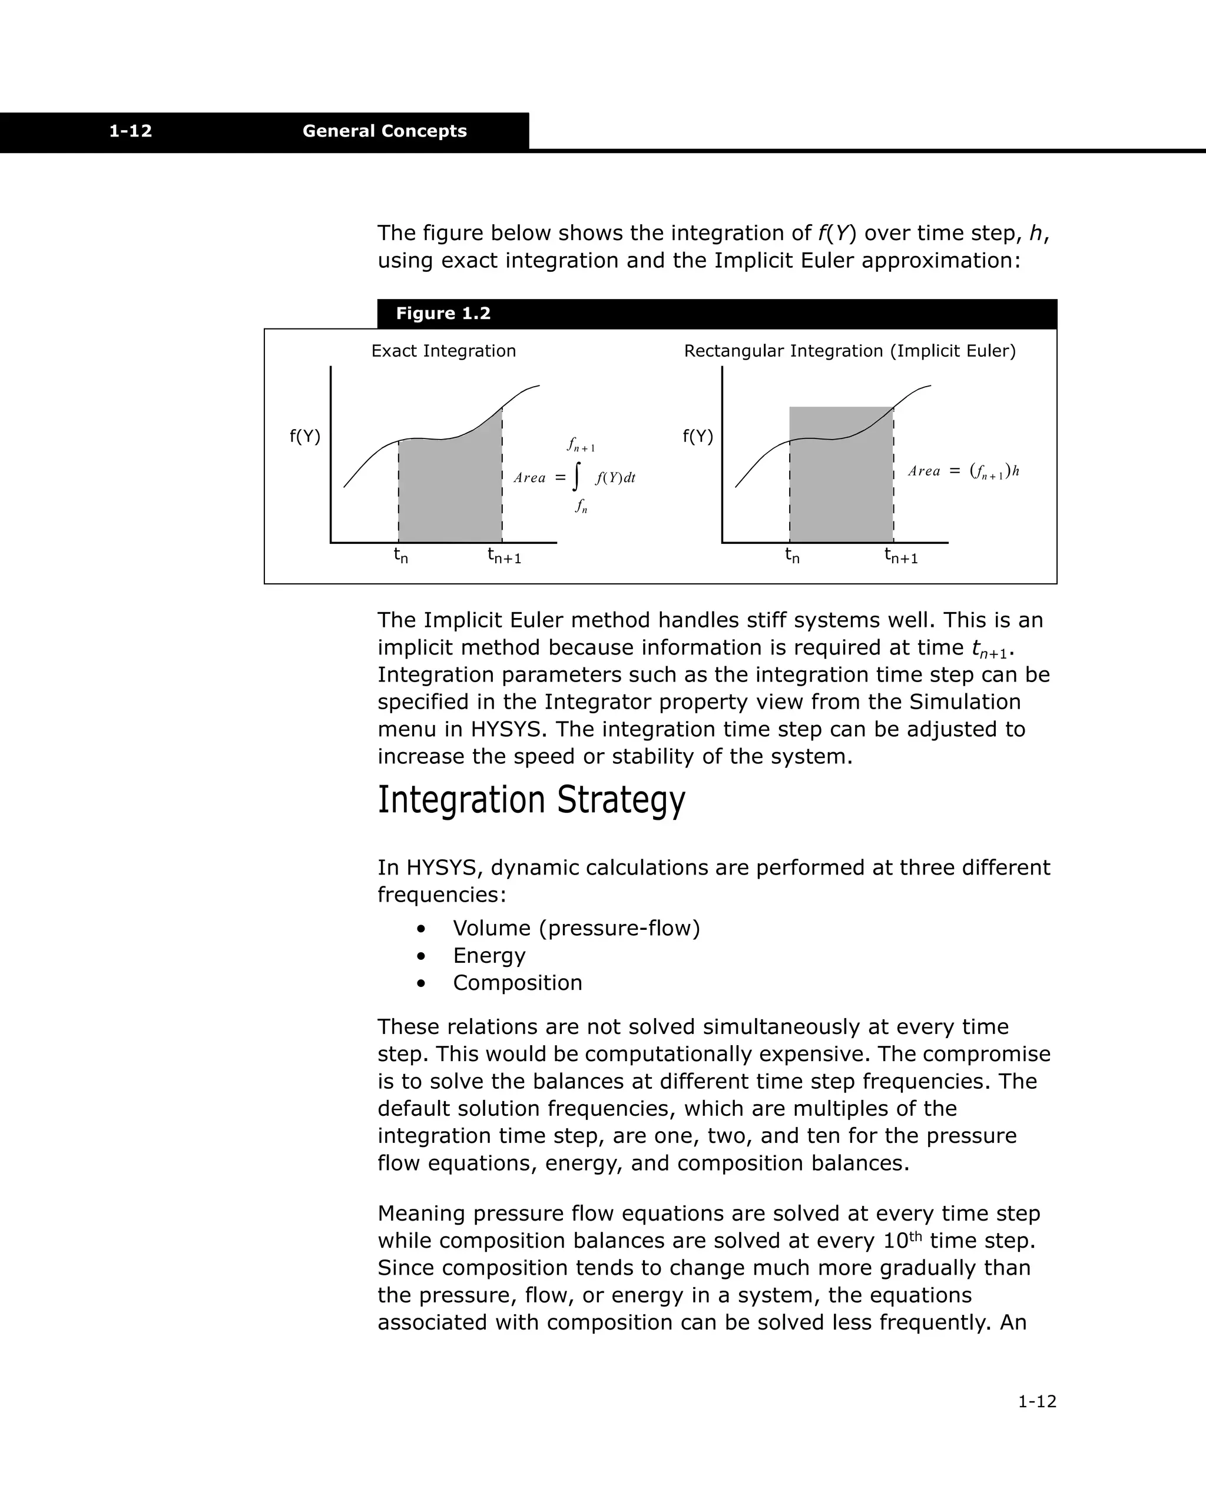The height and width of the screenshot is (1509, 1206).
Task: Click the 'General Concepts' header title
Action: coord(385,131)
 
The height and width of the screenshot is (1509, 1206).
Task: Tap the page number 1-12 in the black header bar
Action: coord(130,131)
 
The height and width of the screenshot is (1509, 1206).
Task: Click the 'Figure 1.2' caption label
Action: coord(443,314)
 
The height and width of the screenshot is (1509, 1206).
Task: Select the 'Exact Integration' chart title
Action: coord(443,351)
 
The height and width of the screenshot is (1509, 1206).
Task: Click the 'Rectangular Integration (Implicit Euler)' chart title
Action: coord(850,351)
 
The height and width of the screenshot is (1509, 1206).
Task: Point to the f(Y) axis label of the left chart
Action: coord(304,437)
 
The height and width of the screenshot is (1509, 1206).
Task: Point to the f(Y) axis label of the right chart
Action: coord(698,437)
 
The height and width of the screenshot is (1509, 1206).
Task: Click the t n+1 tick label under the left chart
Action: coord(504,556)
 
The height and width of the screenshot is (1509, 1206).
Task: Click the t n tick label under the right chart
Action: coord(792,556)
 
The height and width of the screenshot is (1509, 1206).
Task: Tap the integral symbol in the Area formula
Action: coord(576,477)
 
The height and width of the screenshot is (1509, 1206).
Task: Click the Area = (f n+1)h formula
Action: coord(963,471)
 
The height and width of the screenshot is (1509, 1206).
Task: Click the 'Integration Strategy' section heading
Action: coord(531,799)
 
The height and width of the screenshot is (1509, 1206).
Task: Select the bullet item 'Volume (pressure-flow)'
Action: coord(576,928)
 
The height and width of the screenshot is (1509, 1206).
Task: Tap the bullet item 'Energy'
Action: coord(489,955)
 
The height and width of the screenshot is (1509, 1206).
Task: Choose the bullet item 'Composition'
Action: coord(517,983)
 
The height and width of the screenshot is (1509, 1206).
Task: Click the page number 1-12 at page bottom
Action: coord(1036,1401)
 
